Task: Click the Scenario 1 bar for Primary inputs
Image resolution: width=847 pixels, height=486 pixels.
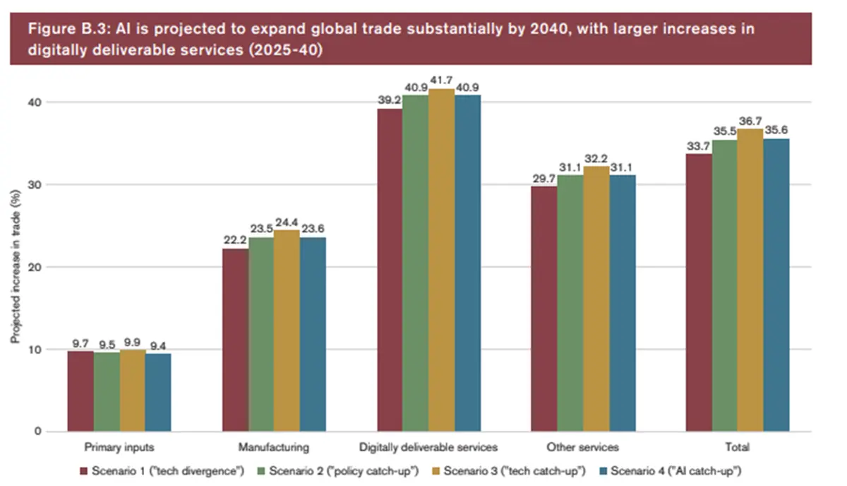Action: (80, 391)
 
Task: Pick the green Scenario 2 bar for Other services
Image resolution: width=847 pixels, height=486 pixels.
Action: (570, 303)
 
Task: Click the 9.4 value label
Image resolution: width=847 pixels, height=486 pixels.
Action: (158, 347)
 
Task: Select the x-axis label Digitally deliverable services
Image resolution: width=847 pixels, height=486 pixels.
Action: (428, 448)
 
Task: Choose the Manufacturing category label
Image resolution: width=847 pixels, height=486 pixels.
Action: (274, 448)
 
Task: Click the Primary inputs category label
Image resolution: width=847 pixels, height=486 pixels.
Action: (119, 448)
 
